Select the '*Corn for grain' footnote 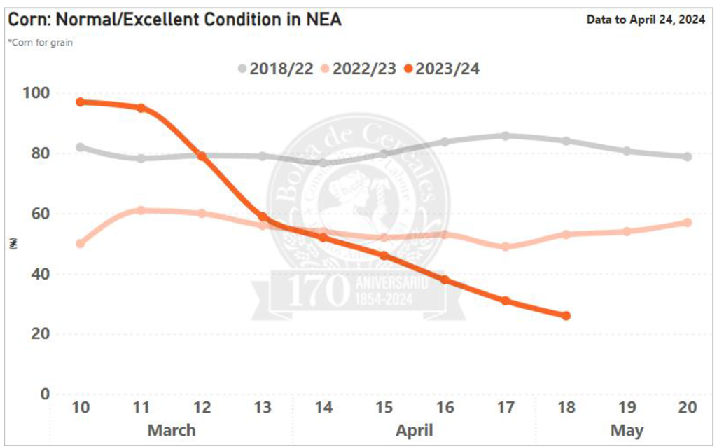click(40, 42)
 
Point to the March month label click(172, 430)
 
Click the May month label click(627, 430)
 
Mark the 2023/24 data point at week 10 click(81, 102)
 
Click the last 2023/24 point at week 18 click(566, 316)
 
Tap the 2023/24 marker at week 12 click(202, 156)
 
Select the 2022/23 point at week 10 click(81, 244)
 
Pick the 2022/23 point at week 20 click(688, 223)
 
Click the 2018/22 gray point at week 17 click(506, 136)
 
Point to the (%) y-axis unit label click(13, 244)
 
